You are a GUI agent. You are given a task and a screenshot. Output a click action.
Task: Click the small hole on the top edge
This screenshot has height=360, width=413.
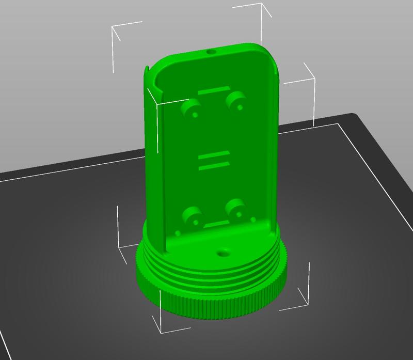coord(211,52)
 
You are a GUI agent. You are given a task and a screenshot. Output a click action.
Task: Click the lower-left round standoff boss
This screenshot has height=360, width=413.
coord(193,216)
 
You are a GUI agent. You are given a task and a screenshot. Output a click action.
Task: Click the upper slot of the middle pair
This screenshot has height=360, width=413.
coord(212,154)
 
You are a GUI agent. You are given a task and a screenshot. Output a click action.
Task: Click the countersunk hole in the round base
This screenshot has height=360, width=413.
coord(224,253)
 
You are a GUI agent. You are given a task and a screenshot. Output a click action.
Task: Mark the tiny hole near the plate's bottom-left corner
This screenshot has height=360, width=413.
coord(178,233)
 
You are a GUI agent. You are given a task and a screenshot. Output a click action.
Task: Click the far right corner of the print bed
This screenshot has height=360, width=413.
coord(354,114)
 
